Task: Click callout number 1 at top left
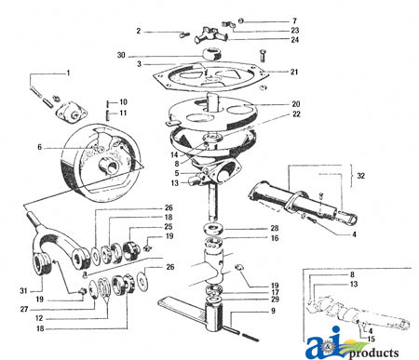click(x=67, y=73)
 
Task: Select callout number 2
click(x=138, y=31)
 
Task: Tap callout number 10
click(x=124, y=101)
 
